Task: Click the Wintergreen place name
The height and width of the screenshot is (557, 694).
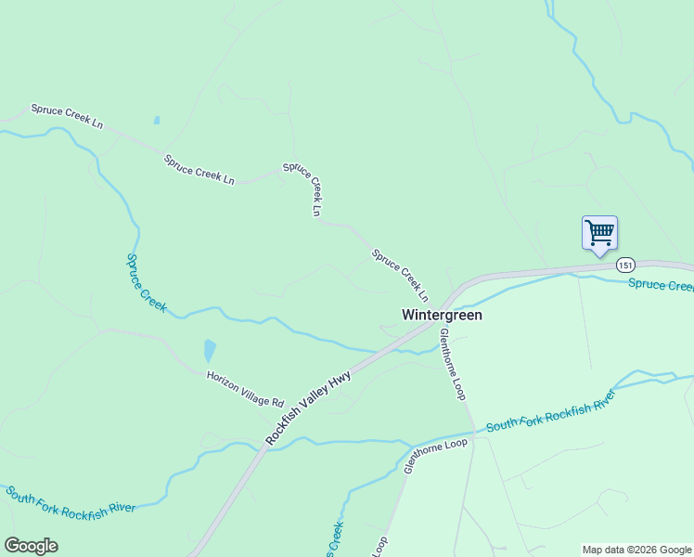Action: tap(442, 315)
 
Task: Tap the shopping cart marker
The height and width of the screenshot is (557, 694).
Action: tap(599, 232)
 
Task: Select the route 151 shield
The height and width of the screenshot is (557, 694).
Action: tap(625, 265)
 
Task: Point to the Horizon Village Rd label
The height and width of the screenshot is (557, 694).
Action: tap(245, 389)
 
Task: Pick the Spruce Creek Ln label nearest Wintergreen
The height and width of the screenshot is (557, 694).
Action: tap(400, 275)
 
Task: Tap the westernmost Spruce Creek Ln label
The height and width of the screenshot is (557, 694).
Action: tap(67, 116)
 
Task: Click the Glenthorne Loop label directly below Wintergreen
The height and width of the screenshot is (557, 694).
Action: tap(452, 364)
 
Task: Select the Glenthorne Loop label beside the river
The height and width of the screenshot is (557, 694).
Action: tap(435, 456)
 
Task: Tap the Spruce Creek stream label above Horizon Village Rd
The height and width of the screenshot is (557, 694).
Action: tap(146, 282)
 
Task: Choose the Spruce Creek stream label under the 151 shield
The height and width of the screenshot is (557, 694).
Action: tap(661, 284)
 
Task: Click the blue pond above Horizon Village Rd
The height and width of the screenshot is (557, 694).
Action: tap(210, 351)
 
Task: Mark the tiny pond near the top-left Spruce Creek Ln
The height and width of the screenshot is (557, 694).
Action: tap(156, 120)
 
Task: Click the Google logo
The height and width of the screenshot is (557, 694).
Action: tap(31, 546)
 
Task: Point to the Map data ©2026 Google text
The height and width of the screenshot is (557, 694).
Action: tap(637, 550)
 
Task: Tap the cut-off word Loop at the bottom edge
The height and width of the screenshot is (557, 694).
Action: tap(379, 546)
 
